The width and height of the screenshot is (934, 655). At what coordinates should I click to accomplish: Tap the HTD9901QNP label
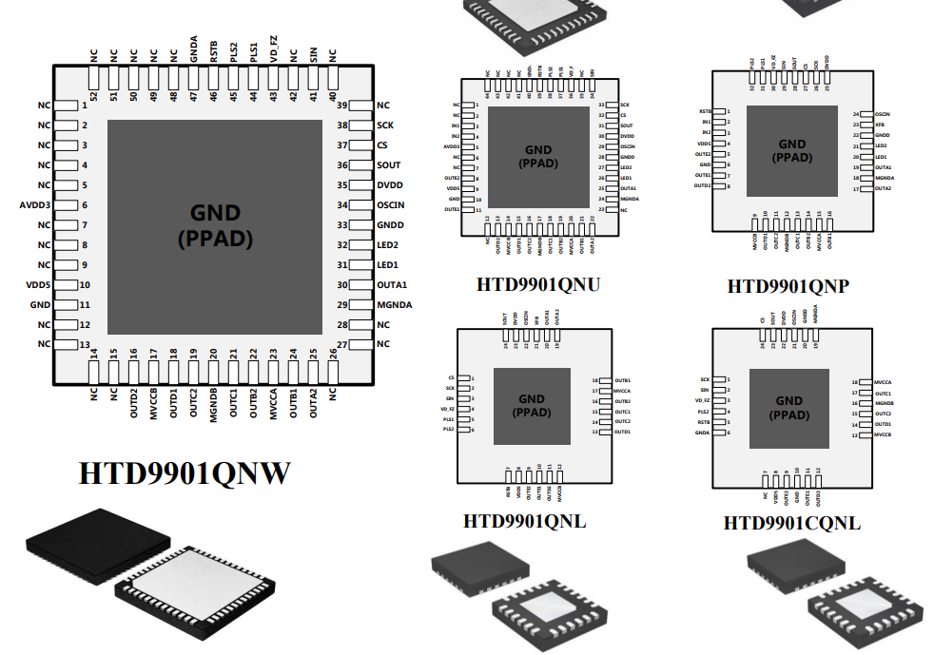point(788,285)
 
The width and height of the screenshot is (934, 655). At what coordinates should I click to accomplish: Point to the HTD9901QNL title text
point(524,521)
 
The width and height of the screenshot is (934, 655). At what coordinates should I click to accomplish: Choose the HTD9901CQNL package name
point(791,523)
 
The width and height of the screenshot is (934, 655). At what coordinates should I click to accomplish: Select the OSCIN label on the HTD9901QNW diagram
point(394,205)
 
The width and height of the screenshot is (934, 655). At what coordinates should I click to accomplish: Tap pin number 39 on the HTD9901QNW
point(343,106)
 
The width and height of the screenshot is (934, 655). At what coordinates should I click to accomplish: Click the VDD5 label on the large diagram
point(38,285)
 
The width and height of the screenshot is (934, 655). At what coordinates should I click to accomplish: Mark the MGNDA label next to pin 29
point(395,304)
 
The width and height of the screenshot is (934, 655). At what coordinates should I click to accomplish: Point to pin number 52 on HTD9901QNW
point(93,96)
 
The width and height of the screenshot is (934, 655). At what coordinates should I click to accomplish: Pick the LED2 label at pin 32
point(387,245)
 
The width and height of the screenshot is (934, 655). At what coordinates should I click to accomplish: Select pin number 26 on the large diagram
point(333,354)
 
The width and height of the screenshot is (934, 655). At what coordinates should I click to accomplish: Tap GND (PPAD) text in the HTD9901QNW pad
point(215,226)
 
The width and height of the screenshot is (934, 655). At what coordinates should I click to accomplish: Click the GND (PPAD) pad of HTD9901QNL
point(532,406)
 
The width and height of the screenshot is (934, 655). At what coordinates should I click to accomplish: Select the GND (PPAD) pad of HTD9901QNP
point(791,150)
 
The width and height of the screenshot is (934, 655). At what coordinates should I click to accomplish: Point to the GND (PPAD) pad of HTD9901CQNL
point(788,407)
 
